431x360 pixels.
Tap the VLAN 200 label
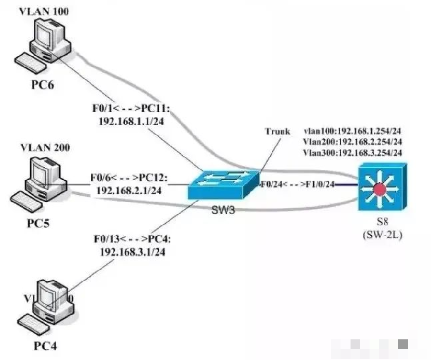[45, 147]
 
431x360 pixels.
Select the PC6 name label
[43, 86]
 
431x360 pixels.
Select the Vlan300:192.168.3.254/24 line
[352, 152]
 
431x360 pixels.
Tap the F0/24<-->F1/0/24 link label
[296, 185]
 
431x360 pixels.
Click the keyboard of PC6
[30, 63]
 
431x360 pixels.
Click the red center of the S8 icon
[381, 188]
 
